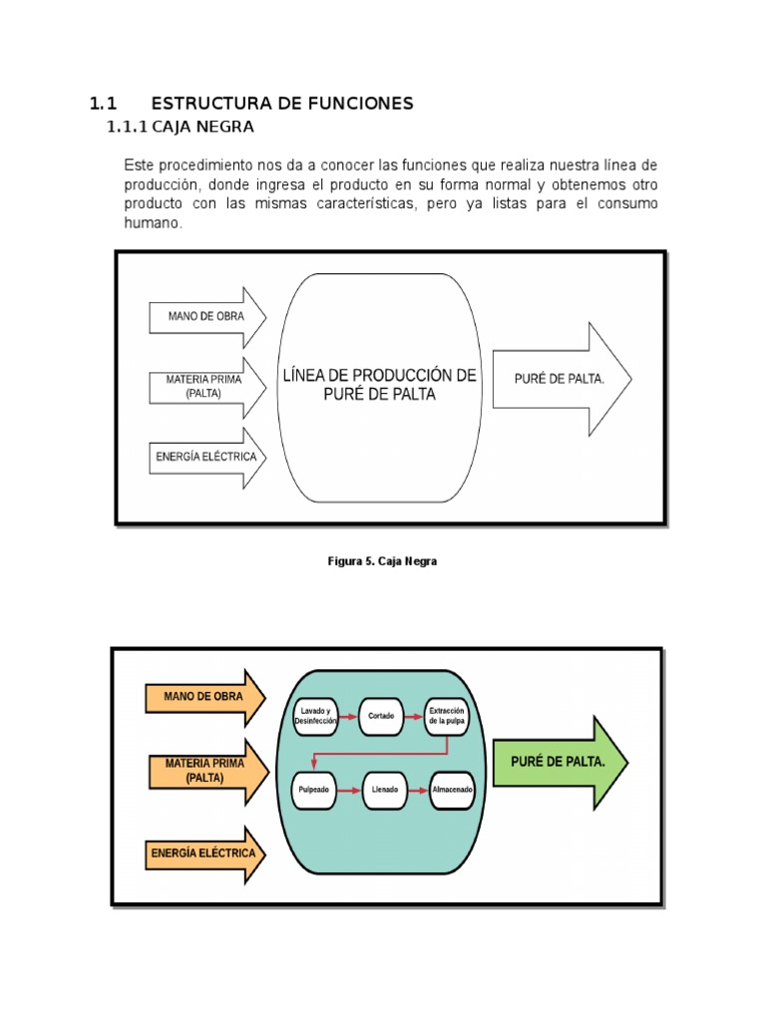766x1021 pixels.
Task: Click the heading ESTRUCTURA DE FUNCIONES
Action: pyautogui.click(x=281, y=104)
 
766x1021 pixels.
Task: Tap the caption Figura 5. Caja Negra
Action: pyautogui.click(x=383, y=561)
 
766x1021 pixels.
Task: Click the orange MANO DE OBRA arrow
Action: pyautogui.click(x=205, y=696)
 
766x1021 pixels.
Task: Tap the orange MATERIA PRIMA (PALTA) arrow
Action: pyautogui.click(x=205, y=770)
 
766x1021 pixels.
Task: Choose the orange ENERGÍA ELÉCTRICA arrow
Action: pyautogui.click(x=205, y=852)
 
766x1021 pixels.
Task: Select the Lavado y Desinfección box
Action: pyautogui.click(x=315, y=715)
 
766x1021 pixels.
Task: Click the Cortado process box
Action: pyautogui.click(x=379, y=715)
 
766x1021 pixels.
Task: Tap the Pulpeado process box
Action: pyautogui.click(x=315, y=790)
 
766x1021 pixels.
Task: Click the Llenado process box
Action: pyautogui.click(x=384, y=790)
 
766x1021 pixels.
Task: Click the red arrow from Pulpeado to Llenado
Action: pyautogui.click(x=349, y=790)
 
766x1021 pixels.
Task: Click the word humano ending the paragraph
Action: pyautogui.click(x=154, y=225)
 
